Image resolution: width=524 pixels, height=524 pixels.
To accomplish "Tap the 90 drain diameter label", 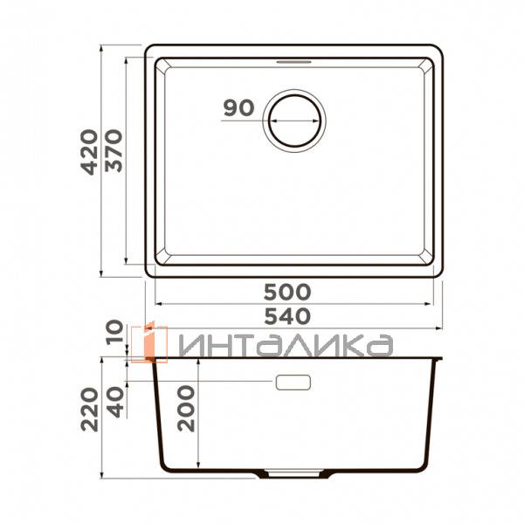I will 238,108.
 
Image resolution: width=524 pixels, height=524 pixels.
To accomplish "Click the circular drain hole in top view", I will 296,121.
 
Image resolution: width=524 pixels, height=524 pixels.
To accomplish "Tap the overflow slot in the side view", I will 293,383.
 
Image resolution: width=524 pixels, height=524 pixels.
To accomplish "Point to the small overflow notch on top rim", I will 294,62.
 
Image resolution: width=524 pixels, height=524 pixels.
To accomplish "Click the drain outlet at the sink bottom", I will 293,475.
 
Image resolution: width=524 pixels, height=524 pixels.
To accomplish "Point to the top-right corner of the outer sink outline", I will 439,46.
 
